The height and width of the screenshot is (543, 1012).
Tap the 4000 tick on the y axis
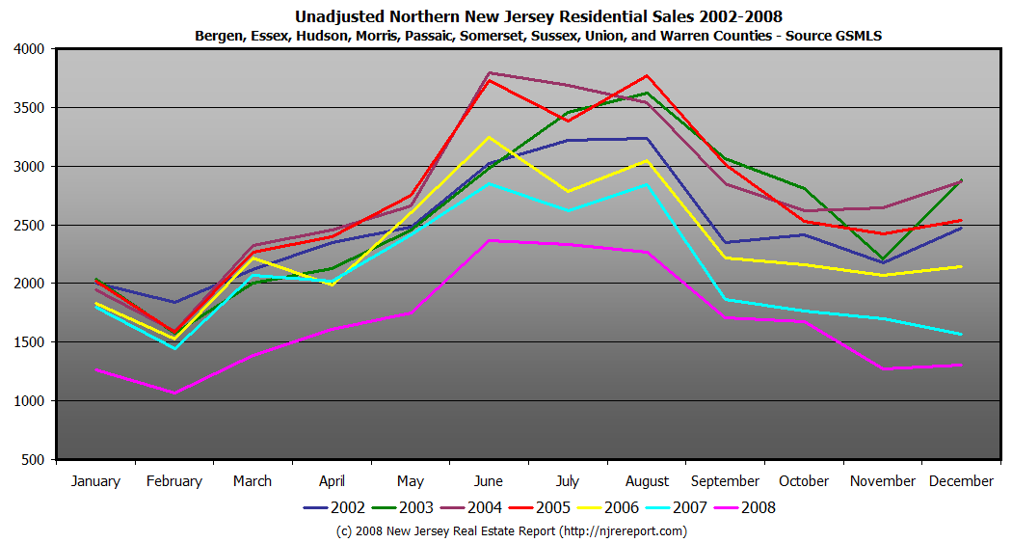click(29, 49)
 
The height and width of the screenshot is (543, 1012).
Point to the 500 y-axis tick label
click(34, 460)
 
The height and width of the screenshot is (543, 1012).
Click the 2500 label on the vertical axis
click(29, 226)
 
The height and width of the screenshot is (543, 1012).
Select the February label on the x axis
click(174, 481)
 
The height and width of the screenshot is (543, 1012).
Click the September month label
click(725, 481)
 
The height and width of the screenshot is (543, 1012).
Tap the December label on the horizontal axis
click(962, 481)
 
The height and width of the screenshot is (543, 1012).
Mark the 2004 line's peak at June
click(490, 72)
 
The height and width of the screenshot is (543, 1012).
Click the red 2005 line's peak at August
click(647, 75)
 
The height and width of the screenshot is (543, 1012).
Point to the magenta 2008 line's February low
click(174, 393)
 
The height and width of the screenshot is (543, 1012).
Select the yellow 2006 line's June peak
click(490, 137)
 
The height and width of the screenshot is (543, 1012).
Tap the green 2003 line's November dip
click(883, 259)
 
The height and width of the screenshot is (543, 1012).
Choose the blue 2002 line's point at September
click(725, 242)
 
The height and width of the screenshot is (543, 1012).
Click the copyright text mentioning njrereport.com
click(511, 531)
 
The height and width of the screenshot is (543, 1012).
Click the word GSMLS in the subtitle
click(856, 36)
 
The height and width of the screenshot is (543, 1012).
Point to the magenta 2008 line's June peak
click(490, 240)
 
